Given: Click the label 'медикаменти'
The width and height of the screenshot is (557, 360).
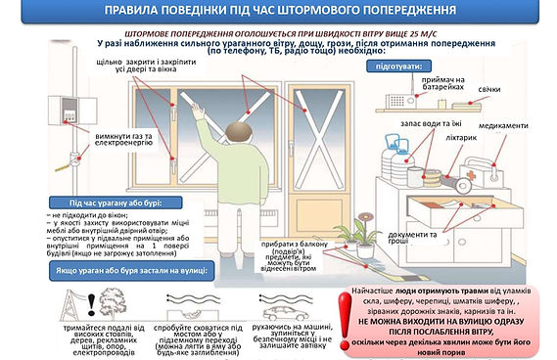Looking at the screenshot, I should [x=506, y=126].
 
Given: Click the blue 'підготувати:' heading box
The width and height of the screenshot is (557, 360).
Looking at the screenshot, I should [x=395, y=66].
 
